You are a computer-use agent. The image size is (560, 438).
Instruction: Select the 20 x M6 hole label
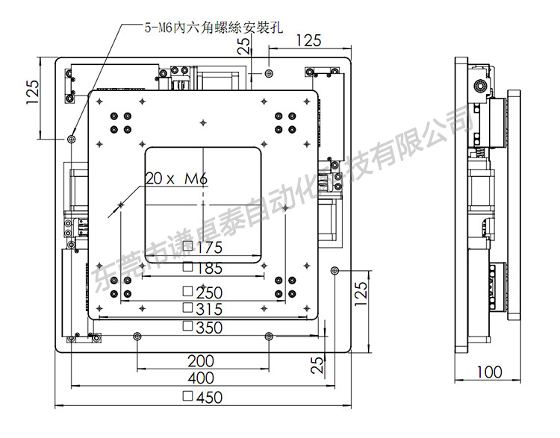tap(175, 178)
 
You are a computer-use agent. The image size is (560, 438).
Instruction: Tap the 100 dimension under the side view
tap(489, 372)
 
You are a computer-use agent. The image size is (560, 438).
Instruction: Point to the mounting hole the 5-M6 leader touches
tap(72, 139)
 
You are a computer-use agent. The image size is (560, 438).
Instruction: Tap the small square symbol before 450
tap(187, 397)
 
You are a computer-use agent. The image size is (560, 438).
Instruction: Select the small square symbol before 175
tap(187, 247)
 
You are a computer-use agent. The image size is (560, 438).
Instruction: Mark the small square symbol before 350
tap(187, 327)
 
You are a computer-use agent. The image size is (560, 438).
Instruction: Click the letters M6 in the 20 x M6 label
tap(194, 178)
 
